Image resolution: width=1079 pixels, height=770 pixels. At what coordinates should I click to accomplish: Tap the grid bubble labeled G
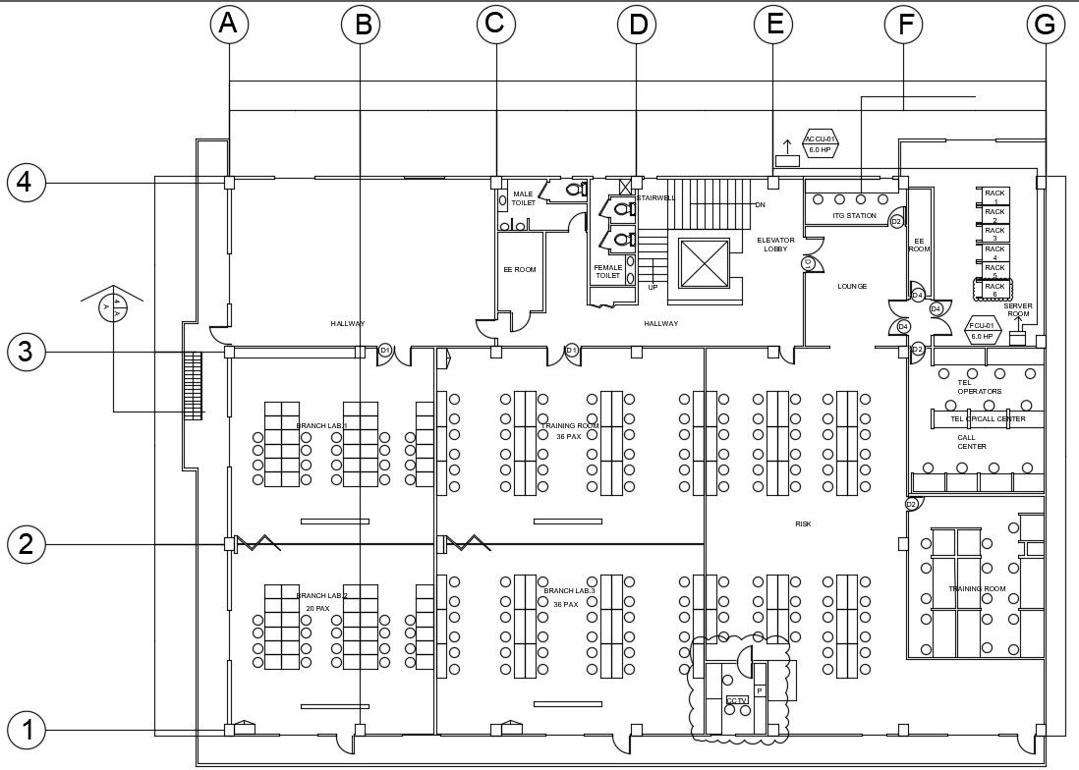[x=1046, y=26]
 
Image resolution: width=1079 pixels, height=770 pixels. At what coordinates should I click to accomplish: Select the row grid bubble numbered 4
[x=27, y=183]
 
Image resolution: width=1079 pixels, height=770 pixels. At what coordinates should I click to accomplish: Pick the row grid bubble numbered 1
[x=27, y=730]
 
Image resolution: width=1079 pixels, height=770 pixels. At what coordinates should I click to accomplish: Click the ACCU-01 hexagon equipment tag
[x=821, y=144]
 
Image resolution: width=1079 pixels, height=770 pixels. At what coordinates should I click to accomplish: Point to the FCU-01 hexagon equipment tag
[x=983, y=330]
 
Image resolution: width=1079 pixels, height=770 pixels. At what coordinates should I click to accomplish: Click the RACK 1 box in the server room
[x=994, y=195]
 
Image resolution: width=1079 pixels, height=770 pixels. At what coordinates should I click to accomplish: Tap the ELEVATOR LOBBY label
[x=775, y=245]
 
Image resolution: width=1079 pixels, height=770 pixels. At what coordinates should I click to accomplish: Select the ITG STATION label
[x=854, y=215]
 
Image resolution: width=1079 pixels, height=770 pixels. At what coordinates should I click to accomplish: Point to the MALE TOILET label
[x=523, y=197]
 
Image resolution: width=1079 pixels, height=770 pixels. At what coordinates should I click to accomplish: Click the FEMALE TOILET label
[x=607, y=271]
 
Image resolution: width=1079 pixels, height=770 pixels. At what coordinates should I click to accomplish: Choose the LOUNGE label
[x=852, y=286]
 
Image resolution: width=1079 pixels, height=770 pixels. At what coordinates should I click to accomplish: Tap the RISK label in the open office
[x=803, y=523]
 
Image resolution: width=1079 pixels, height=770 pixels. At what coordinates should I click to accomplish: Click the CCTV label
[x=737, y=700]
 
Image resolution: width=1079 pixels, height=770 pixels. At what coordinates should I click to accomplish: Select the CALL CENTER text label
[x=972, y=442]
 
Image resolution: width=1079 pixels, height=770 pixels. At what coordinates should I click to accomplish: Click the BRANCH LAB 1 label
[x=321, y=425]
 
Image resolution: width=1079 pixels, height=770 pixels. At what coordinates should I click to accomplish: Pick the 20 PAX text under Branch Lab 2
[x=316, y=608]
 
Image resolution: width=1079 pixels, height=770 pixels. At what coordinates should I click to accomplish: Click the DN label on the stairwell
[x=760, y=204]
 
